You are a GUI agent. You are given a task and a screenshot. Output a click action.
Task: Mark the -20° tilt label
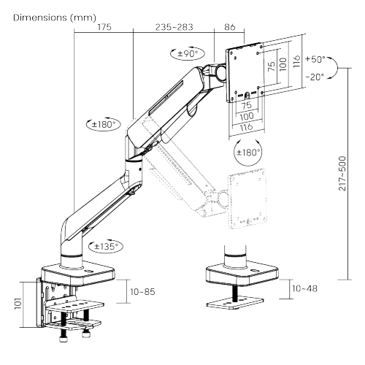click(316, 78)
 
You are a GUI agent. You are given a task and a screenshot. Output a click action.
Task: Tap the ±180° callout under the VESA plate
click(247, 153)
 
